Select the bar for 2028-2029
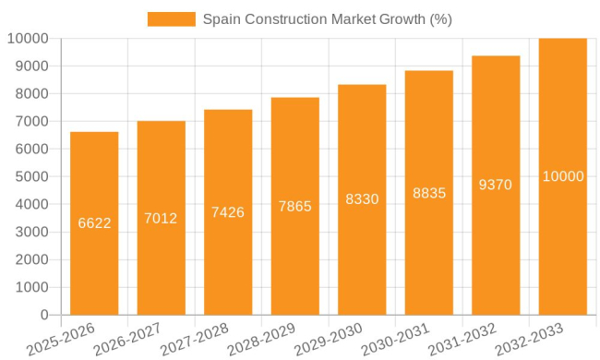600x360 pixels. pos(295,258)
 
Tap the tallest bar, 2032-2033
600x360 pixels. pos(563,240)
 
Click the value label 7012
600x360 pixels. pos(161,219)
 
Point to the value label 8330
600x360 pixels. pos(362,199)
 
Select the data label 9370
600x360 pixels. pos(496,185)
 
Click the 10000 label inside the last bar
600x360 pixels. pos(563,176)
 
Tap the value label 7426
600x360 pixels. pos(228,212)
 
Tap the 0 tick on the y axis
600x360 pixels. pos(43,316)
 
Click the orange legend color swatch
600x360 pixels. pos(171,19)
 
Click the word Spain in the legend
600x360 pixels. pos(222,19)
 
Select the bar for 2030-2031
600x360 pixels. pos(429,249)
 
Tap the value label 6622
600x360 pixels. pos(94,223)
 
